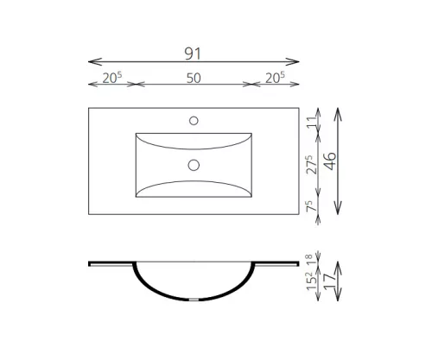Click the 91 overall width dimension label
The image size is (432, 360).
pos(193,54)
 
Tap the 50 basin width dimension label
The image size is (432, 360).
pos(194,78)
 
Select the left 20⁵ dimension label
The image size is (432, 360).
pos(112,78)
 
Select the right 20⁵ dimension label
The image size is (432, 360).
pos(275,78)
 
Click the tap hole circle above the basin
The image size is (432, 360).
pos(194,121)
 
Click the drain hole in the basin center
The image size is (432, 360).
pos(194,165)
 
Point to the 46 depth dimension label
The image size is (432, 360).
pos(330,161)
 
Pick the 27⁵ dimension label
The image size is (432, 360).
pos(312,165)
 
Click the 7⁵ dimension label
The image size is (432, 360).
pos(312,206)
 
